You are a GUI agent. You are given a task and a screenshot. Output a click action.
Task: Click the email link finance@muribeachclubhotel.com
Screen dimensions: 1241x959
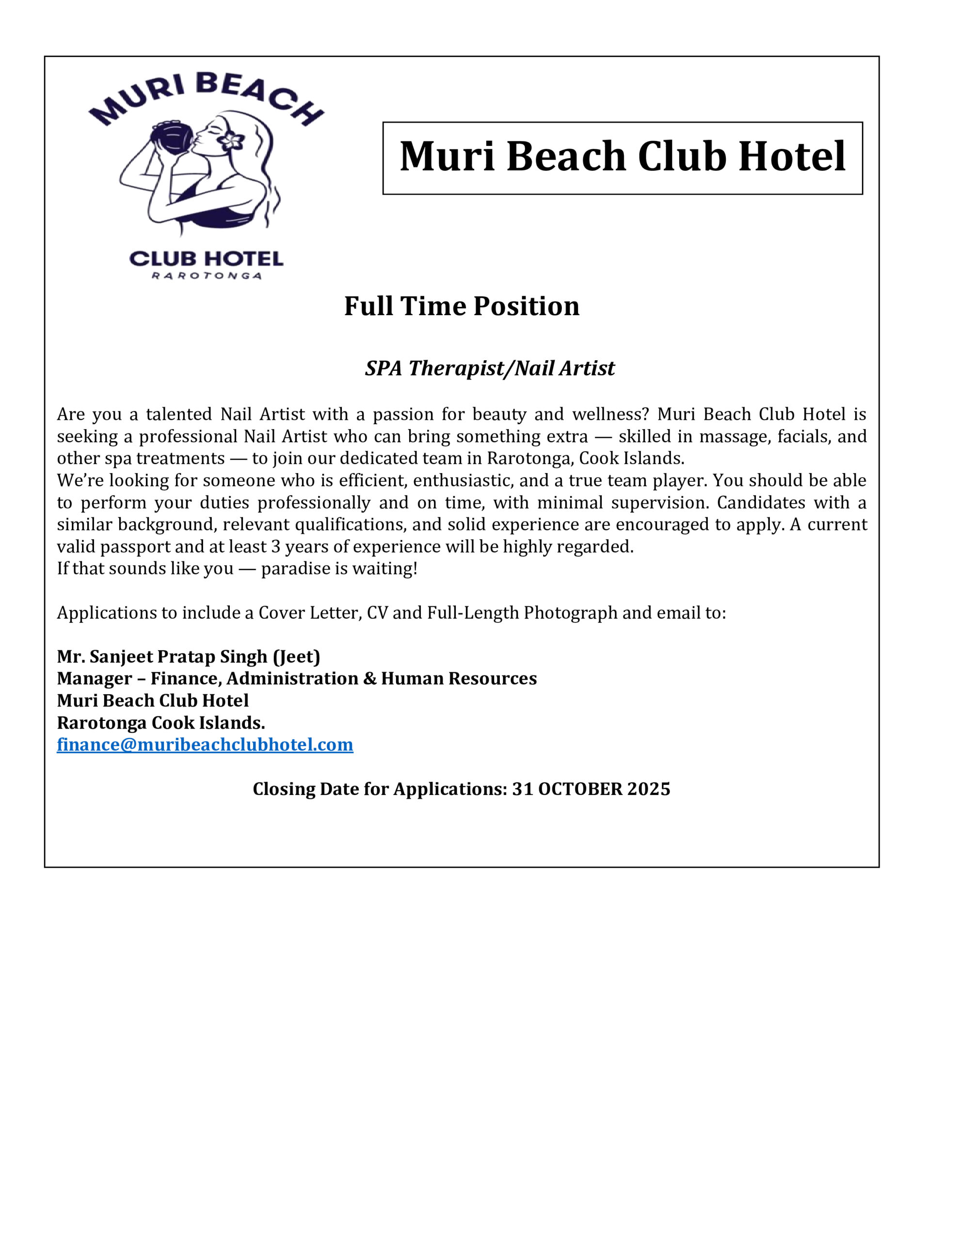pyautogui.click(x=205, y=745)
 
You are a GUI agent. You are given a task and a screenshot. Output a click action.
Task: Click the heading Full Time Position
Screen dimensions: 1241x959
pyautogui.click(x=462, y=306)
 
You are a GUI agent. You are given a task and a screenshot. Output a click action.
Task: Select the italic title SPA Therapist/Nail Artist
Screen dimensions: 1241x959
pyautogui.click(x=490, y=368)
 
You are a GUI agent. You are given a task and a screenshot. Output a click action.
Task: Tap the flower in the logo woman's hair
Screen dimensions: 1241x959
pyautogui.click(x=233, y=140)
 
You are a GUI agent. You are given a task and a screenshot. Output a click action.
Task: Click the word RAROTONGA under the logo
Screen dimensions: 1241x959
pyautogui.click(x=207, y=277)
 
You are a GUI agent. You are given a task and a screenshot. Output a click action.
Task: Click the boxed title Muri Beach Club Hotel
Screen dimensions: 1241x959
pyautogui.click(x=623, y=157)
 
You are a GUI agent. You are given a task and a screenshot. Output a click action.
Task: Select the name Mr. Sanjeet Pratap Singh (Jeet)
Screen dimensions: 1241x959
pyautogui.click(x=189, y=656)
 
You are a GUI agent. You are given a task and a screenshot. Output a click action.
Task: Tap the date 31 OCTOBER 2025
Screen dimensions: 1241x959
pyautogui.click(x=591, y=789)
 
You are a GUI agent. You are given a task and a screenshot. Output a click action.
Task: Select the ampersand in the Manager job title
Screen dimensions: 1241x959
pyautogui.click(x=370, y=679)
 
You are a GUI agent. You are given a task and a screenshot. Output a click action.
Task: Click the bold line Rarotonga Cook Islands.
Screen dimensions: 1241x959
pyautogui.click(x=161, y=723)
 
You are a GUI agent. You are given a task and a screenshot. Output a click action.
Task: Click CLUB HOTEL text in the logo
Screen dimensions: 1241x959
pyautogui.click(x=207, y=260)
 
